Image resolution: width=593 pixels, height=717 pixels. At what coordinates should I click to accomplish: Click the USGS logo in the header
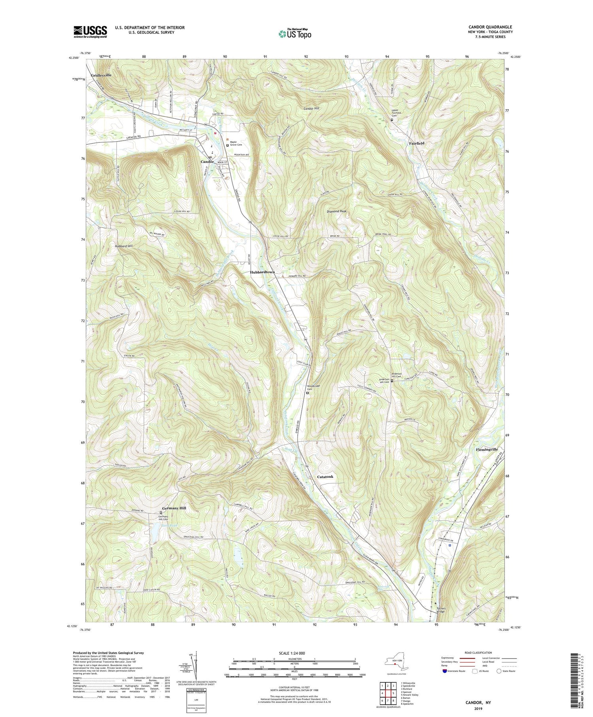pyautogui.click(x=90, y=31)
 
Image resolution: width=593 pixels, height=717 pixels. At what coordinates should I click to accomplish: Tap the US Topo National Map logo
pyautogui.click(x=294, y=33)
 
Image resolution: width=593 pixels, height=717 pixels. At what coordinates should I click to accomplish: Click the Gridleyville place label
pyautogui.click(x=101, y=75)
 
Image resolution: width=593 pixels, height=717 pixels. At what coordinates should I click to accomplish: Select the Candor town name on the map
pyautogui.click(x=207, y=162)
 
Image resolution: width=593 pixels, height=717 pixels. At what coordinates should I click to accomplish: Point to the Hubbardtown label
pyautogui.click(x=262, y=272)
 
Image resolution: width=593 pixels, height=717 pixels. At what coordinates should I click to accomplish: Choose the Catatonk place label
pyautogui.click(x=325, y=477)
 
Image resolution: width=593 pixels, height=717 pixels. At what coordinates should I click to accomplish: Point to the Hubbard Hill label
pyautogui.click(x=124, y=246)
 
